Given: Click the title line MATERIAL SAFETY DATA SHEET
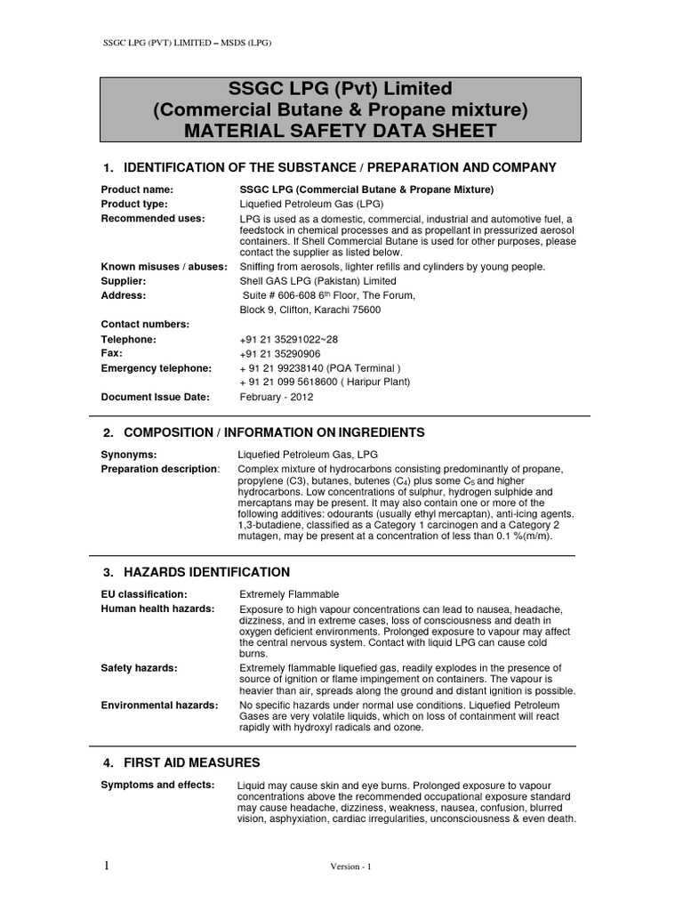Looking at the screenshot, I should point(341,131).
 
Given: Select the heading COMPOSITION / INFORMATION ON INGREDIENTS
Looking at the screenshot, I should point(274,432).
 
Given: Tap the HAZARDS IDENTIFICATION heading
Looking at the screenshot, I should point(206,571).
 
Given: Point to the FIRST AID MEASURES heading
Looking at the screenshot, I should point(191,762).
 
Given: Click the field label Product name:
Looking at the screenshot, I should point(137,189).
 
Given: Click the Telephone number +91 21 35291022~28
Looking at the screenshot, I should point(290,340).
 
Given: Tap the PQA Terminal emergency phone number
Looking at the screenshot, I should point(321,368).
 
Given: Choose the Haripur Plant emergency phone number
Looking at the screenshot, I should point(325,383).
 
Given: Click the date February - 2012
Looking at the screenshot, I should point(277,398).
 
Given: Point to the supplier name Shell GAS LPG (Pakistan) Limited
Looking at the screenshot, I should point(321,281).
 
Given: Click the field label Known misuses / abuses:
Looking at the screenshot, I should point(165,267).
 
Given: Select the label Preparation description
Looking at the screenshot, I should point(159,469).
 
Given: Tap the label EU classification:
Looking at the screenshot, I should point(144,593).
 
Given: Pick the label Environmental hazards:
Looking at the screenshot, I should point(159,705).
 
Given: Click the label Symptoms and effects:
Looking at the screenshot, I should point(157,785).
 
